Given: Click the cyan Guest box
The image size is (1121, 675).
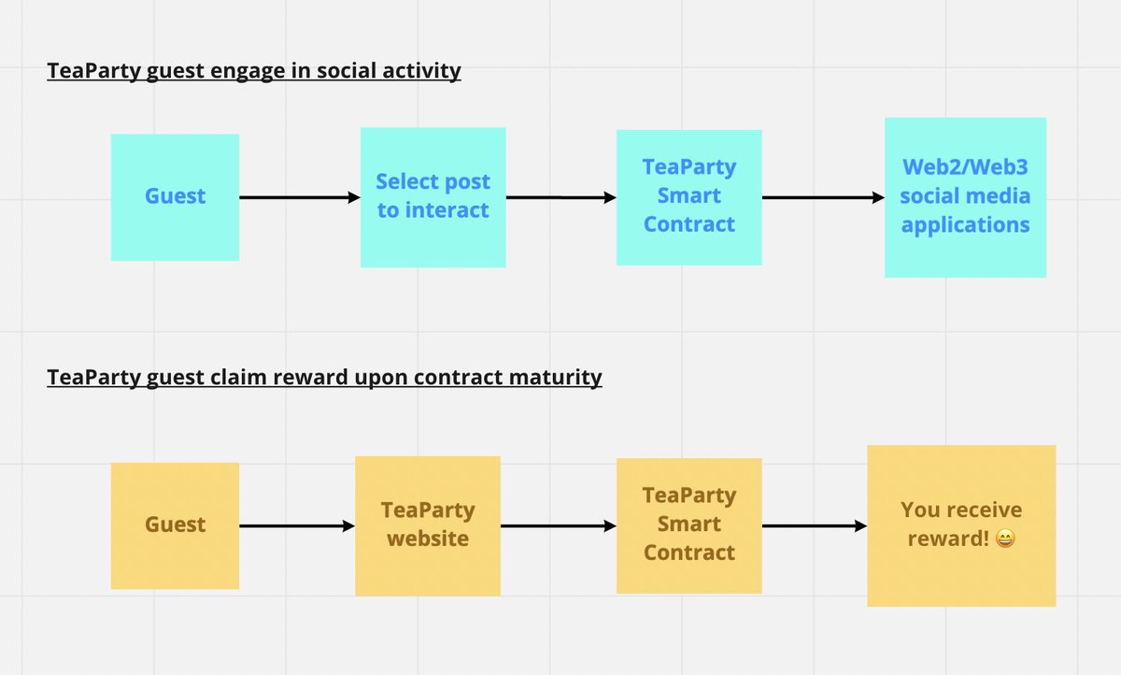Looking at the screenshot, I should pos(175,197).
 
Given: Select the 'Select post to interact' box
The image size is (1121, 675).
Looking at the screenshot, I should pos(433,197).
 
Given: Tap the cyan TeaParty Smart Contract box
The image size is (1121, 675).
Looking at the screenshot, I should pos(688,197).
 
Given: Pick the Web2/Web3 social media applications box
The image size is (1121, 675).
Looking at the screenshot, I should pos(965,197).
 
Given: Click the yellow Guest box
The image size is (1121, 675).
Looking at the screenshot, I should pos(175,525).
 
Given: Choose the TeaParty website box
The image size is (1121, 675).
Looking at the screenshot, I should pos(427,525).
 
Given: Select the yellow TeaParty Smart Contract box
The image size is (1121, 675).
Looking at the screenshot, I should pos(688,525).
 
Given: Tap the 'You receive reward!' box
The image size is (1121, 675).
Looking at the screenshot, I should pos(961,525).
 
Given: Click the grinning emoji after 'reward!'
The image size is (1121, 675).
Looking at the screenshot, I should pos(1005,539).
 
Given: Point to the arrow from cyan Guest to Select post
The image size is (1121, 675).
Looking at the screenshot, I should pos(299,197).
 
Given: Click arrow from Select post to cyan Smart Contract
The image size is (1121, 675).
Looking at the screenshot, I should pos(560,197).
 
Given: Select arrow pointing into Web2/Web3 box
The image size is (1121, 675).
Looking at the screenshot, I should pos(823,197).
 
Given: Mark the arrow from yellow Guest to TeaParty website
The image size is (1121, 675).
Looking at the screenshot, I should pos(296,526).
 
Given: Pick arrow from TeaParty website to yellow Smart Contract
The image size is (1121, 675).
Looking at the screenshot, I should pos(558,526).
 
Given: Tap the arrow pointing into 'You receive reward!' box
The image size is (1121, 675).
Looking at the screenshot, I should pos(814,526).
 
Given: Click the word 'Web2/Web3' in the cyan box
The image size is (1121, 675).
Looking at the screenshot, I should pos(965,167).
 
